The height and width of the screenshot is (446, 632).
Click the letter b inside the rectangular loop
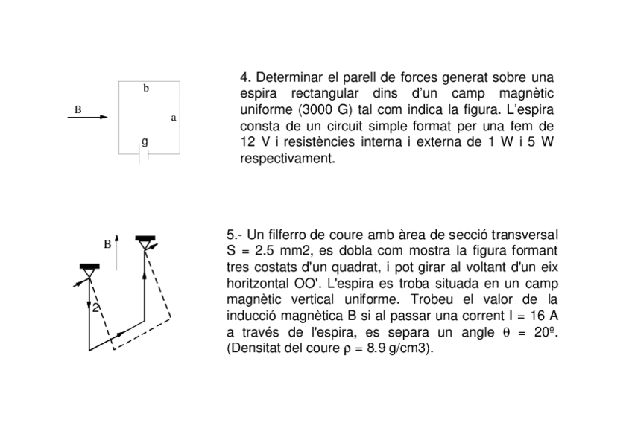146,89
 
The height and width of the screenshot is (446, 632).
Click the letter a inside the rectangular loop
173,118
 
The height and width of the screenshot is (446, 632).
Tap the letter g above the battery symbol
145,141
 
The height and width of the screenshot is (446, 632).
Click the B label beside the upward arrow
107,243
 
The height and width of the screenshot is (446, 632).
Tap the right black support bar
145,238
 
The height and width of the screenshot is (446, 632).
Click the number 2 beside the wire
95,308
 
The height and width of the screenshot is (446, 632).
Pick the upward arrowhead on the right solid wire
144,275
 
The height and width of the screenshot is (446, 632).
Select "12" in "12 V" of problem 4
248,141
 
